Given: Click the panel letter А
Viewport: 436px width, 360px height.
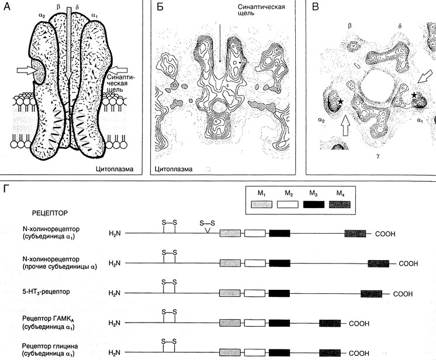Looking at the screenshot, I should [7, 8].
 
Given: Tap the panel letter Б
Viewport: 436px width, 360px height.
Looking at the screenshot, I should [157, 8].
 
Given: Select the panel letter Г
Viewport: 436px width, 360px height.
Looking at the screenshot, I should [6, 191].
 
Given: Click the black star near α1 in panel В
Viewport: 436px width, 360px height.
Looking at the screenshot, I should [415, 95].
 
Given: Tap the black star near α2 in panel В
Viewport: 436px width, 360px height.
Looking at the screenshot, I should [339, 103].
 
